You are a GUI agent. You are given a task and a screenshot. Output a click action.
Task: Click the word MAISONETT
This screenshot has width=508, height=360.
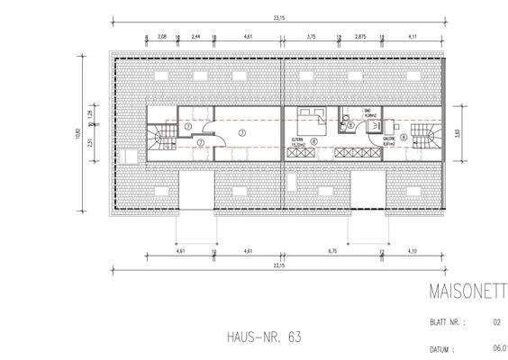pos(457,292)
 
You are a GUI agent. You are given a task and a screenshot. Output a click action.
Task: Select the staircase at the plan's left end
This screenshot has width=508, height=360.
pos(163,139)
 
